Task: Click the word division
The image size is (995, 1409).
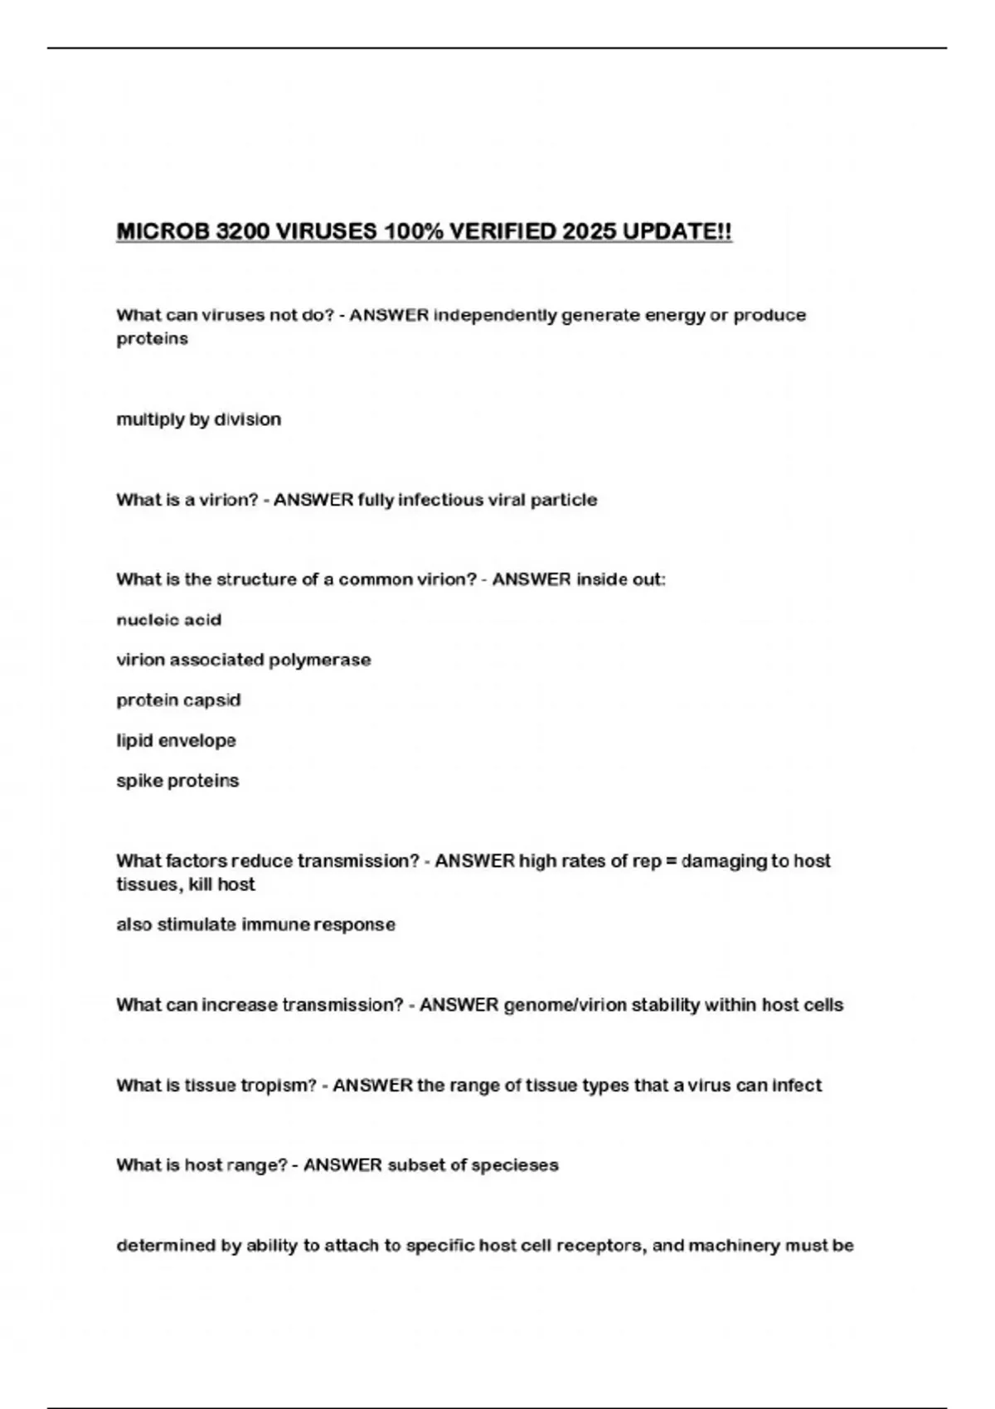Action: (247, 419)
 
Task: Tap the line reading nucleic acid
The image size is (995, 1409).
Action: (169, 620)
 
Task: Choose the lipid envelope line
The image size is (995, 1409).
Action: (176, 740)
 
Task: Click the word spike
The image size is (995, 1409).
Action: (138, 781)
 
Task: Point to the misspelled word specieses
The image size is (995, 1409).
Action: (514, 1165)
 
